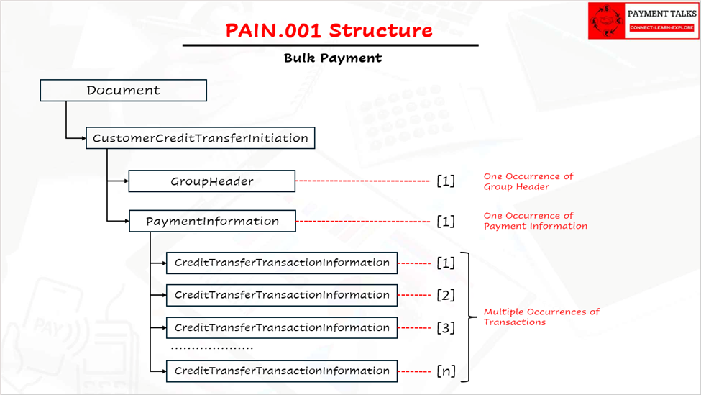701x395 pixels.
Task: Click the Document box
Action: [124, 91]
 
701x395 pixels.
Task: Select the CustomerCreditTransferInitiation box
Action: [200, 138]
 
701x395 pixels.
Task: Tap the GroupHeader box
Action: [211, 181]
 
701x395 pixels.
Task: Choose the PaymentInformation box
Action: [212, 221]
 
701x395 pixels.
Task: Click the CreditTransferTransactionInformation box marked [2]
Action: [281, 295]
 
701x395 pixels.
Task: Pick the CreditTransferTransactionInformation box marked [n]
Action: [281, 371]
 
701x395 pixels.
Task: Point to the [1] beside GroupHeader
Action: [446, 181]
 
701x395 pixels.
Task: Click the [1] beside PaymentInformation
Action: [446, 221]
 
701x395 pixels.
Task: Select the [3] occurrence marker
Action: [446, 327]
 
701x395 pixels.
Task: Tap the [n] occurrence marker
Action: [446, 371]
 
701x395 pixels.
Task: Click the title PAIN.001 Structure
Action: [329, 31]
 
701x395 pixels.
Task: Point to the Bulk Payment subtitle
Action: [333, 58]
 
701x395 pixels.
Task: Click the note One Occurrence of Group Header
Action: [528, 181]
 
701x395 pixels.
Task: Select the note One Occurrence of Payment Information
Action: [535, 221]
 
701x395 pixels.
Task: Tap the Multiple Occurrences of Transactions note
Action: [541, 317]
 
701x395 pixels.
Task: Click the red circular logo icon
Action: [607, 20]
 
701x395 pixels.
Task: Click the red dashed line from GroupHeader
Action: [363, 181]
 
